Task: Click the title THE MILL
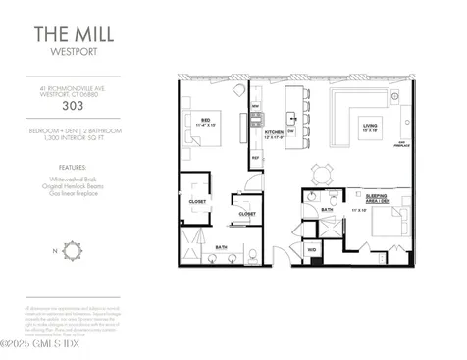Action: click(x=60, y=34)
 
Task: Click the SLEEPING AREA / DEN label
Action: click(x=377, y=198)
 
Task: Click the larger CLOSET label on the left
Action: click(x=197, y=202)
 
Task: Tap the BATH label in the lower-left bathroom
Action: click(x=222, y=246)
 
